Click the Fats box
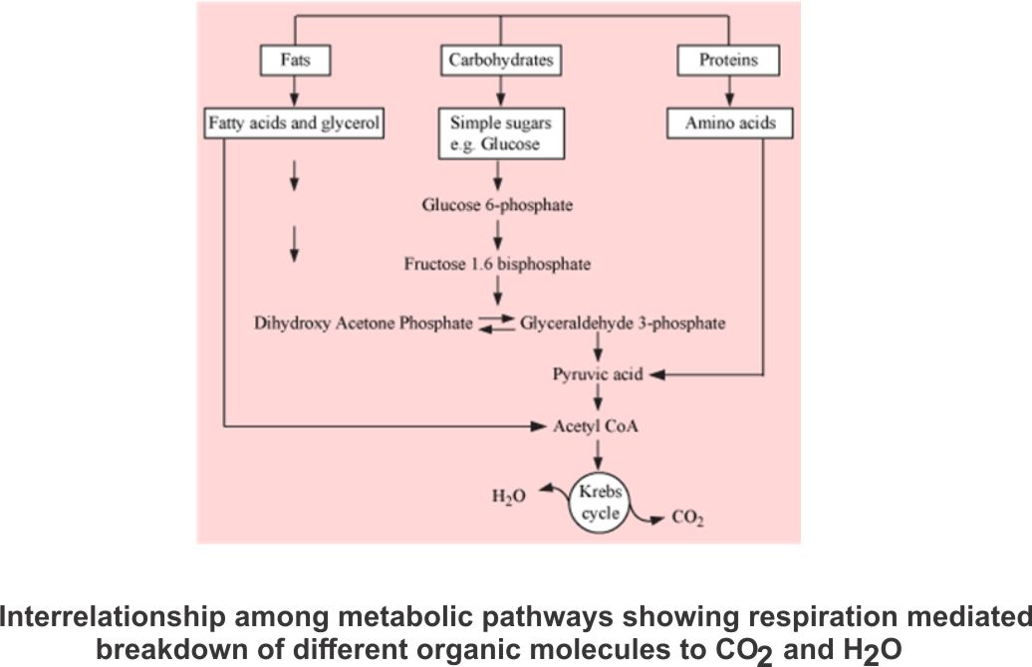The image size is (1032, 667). [x=294, y=61]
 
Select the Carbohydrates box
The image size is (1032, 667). [x=498, y=61]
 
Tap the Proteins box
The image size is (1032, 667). [x=727, y=61]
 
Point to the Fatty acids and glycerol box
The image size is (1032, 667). [x=294, y=124]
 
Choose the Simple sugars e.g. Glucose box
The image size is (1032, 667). [x=498, y=134]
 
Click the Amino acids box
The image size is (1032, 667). [x=729, y=124]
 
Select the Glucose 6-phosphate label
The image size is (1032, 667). [x=498, y=206]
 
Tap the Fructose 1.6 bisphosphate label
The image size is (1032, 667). [x=497, y=265]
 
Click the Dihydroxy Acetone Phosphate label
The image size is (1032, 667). [x=363, y=323]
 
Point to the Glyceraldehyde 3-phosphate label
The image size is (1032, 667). [x=622, y=323]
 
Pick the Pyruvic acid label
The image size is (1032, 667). [x=598, y=375]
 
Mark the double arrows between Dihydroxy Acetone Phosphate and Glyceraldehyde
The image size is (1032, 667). [x=496, y=323]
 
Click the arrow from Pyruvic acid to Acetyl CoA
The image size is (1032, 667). [x=598, y=401]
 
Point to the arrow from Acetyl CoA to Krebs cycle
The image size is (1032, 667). [x=598, y=453]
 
